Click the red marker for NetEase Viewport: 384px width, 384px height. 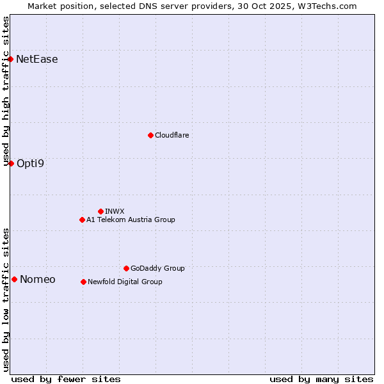click(x=11, y=60)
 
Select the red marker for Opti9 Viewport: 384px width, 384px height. click(x=11, y=163)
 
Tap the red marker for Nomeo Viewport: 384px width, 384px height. click(x=14, y=279)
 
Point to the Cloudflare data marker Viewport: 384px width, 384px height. click(x=150, y=135)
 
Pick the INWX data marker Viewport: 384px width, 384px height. click(x=100, y=211)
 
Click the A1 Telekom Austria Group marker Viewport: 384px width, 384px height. click(x=82, y=220)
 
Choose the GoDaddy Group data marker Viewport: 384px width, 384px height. click(x=126, y=268)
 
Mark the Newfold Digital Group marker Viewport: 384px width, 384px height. click(x=83, y=282)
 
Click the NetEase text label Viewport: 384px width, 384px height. click(x=37, y=60)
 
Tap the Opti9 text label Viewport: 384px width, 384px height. click(x=31, y=163)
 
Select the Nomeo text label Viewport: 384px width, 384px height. click(x=38, y=279)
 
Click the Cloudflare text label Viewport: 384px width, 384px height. click(x=172, y=135)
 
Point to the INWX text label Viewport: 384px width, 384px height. click(x=115, y=211)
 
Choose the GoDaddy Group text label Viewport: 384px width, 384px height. click(x=157, y=268)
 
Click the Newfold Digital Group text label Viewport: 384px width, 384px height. click(x=125, y=282)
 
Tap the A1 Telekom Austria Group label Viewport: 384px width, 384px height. click(x=131, y=220)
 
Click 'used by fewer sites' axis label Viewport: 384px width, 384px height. click(x=66, y=379)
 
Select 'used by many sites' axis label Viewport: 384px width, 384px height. click(x=321, y=379)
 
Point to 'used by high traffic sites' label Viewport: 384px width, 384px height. click(x=6, y=91)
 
